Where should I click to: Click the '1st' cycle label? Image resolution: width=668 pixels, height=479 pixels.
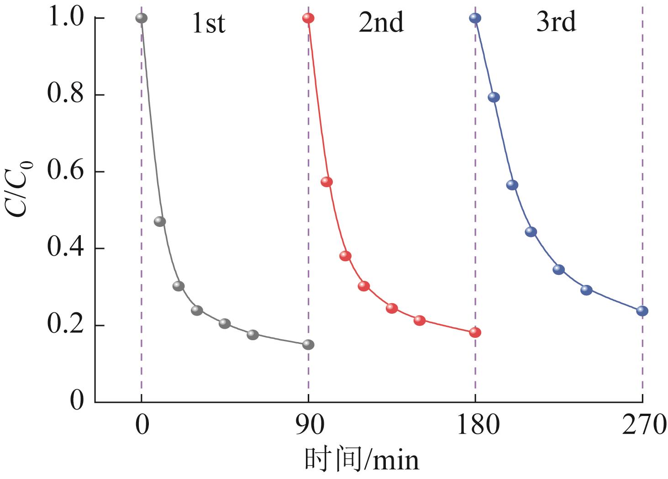(x=209, y=23)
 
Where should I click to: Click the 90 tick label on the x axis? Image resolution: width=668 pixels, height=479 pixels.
(x=308, y=425)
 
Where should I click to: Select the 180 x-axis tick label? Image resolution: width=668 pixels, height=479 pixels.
(x=475, y=425)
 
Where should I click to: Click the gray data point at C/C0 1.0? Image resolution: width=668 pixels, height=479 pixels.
(x=142, y=18)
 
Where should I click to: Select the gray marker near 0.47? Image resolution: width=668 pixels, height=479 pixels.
(x=160, y=221)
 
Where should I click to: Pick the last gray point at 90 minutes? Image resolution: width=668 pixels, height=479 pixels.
(x=308, y=344)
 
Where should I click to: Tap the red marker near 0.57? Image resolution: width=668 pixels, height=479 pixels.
(x=326, y=182)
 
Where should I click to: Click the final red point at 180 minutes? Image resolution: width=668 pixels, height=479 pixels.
(x=475, y=332)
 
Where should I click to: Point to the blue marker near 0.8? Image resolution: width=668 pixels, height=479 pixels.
(x=494, y=97)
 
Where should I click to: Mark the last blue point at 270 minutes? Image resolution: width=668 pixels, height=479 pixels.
(x=642, y=311)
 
